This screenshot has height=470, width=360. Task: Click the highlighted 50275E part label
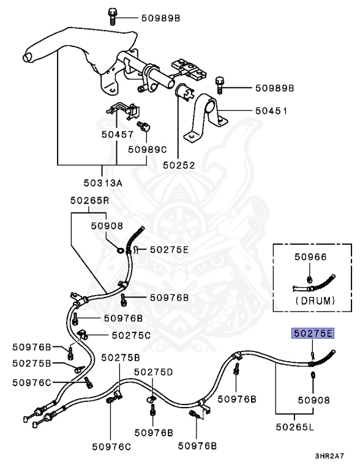coord(313,334)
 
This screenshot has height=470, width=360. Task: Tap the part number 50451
coord(271,111)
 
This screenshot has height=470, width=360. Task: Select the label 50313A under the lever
coord(103,182)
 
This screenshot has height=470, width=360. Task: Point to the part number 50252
coord(179,165)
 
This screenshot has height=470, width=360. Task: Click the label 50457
coord(118,134)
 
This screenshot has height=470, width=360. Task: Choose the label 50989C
coord(148,149)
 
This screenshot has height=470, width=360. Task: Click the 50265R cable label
coord(90,200)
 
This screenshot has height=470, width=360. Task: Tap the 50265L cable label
coord(295,427)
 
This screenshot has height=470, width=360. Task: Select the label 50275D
coord(153,372)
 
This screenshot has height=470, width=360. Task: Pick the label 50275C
coord(131,335)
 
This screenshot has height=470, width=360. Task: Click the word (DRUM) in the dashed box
coord(315,300)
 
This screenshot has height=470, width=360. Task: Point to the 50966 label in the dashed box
coord(310,257)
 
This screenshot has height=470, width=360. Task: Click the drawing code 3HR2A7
coord(329,456)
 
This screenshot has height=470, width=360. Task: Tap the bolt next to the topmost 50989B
coord(112,17)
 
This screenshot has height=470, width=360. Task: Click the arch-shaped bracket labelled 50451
coord(206,119)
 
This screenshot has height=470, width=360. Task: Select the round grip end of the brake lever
coord(27,58)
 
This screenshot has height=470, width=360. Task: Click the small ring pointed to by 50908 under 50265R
coord(121,250)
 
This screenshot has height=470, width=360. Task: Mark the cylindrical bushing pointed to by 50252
coord(183,91)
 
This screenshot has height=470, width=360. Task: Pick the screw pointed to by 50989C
coord(143,125)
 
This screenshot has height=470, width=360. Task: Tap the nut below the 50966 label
coord(310,280)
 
